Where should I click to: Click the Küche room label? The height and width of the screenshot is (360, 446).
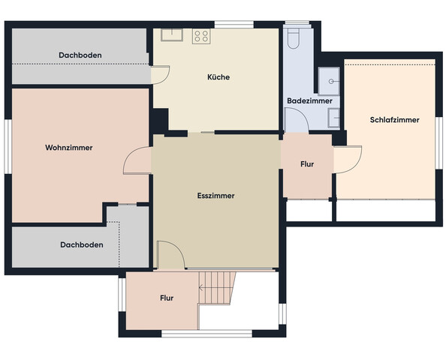point(218,77)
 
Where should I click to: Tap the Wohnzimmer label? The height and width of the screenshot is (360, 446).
point(69,148)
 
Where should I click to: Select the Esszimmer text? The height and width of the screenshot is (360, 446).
point(216,196)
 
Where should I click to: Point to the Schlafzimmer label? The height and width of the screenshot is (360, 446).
point(394,120)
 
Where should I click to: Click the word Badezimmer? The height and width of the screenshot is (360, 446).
point(309,100)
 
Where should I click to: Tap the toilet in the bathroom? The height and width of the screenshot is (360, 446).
point(293,39)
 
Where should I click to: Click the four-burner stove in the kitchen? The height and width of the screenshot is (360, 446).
point(201,36)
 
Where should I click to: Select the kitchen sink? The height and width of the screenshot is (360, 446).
point(172,35)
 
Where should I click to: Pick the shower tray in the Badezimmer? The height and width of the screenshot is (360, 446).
point(329,81)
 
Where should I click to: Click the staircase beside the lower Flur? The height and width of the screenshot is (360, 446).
point(217,288)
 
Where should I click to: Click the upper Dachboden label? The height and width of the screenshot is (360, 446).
point(80,55)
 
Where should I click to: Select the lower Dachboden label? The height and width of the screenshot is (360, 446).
point(82,245)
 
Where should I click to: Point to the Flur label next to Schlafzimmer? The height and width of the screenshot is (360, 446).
point(307,164)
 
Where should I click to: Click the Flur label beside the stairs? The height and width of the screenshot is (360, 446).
point(167,298)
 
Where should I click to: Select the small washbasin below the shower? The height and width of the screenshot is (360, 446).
point(334,118)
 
